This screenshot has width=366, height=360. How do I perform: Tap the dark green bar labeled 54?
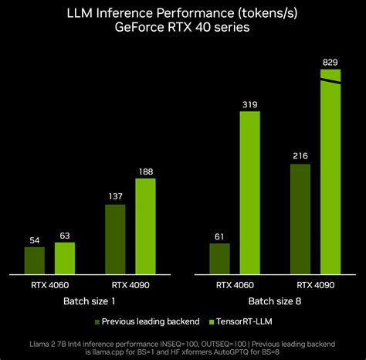35,260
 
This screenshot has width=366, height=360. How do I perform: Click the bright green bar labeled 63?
65,258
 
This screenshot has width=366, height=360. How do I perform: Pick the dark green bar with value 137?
115,239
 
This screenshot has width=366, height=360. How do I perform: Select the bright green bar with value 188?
145,226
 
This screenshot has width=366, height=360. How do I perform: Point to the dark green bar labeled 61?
220,258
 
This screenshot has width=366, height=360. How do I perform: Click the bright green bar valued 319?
250,192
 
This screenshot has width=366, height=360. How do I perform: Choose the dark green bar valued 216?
300,219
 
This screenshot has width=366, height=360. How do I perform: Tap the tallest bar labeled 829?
330,178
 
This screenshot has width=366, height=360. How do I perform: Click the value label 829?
330,62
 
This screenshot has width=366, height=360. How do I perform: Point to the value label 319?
250,104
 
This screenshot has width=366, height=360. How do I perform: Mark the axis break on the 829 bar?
330,80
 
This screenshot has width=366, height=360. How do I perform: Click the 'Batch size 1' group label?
90,300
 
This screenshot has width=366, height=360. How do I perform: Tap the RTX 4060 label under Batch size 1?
49,284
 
